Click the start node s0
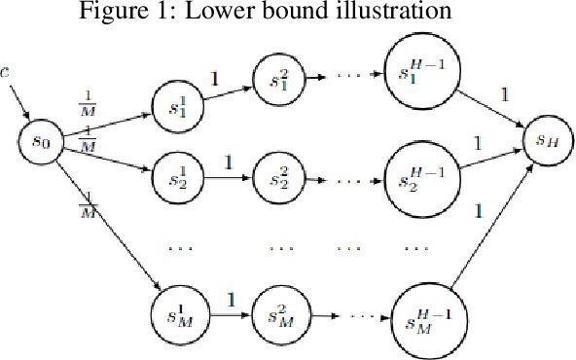click(41, 141)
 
